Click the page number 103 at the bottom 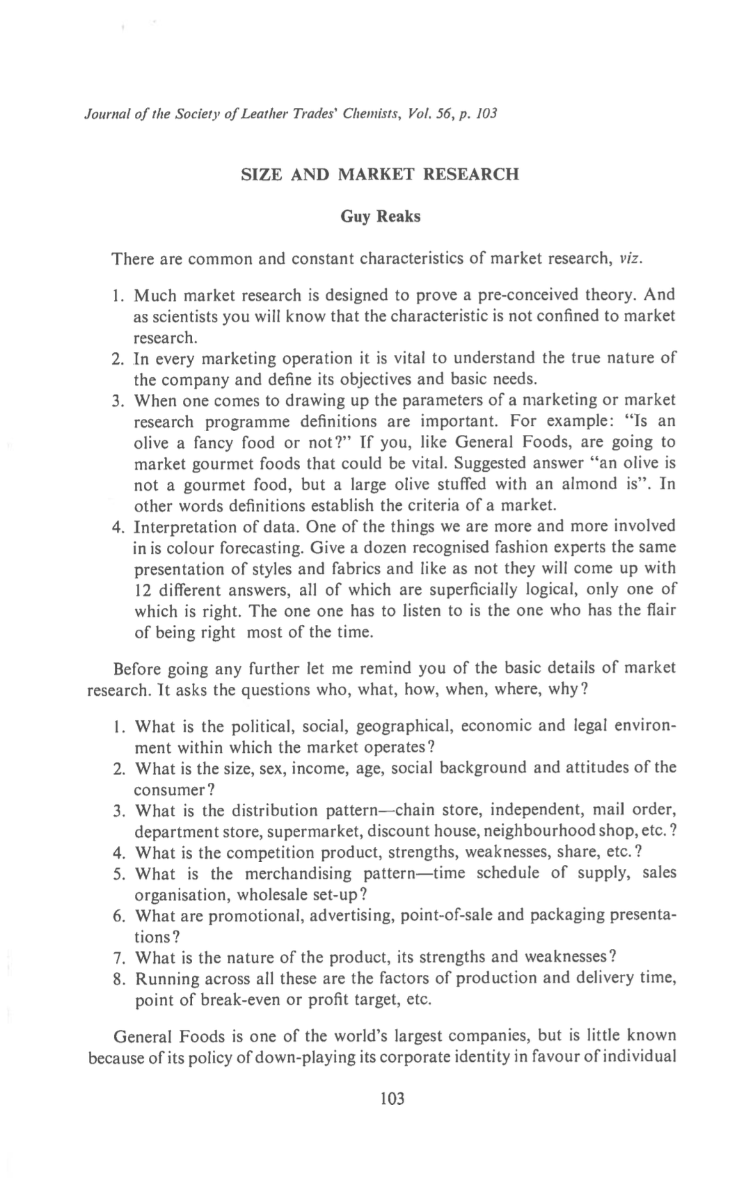392,1099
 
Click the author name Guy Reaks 380,216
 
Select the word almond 590,484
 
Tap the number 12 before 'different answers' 143,589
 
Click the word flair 659,610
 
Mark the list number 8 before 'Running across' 117,979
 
